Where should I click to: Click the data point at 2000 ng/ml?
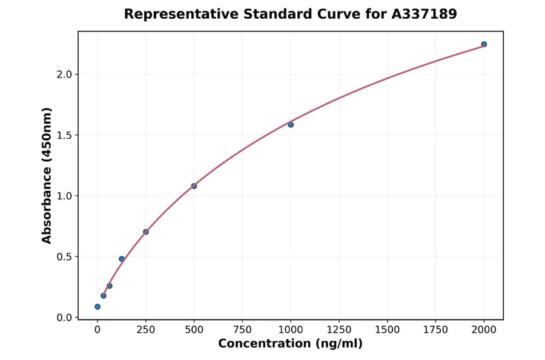pyautogui.click(x=484, y=44)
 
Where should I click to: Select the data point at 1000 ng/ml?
pyautogui.click(x=291, y=125)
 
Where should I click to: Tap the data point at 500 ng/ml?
pyautogui.click(x=194, y=186)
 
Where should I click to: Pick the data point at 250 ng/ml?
pyautogui.click(x=146, y=232)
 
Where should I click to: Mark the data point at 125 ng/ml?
pyautogui.click(x=122, y=259)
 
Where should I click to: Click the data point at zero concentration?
pyautogui.click(x=97, y=307)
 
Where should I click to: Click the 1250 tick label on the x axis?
pyautogui.click(x=339, y=330)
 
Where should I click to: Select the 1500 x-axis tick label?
pyautogui.click(x=387, y=330)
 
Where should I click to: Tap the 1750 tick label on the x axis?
pyautogui.click(x=435, y=330)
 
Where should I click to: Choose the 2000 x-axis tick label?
pyautogui.click(x=484, y=330)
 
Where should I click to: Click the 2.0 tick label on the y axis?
pyautogui.click(x=65, y=75)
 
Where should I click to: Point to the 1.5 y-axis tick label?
pyautogui.click(x=65, y=135)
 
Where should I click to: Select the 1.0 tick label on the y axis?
pyautogui.click(x=65, y=196)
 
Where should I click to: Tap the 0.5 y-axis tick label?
pyautogui.click(x=65, y=257)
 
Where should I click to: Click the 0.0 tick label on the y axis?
pyautogui.click(x=65, y=318)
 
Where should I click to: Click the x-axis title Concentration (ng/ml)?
pyautogui.click(x=290, y=344)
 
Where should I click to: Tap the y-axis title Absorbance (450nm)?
pyautogui.click(x=47, y=175)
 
